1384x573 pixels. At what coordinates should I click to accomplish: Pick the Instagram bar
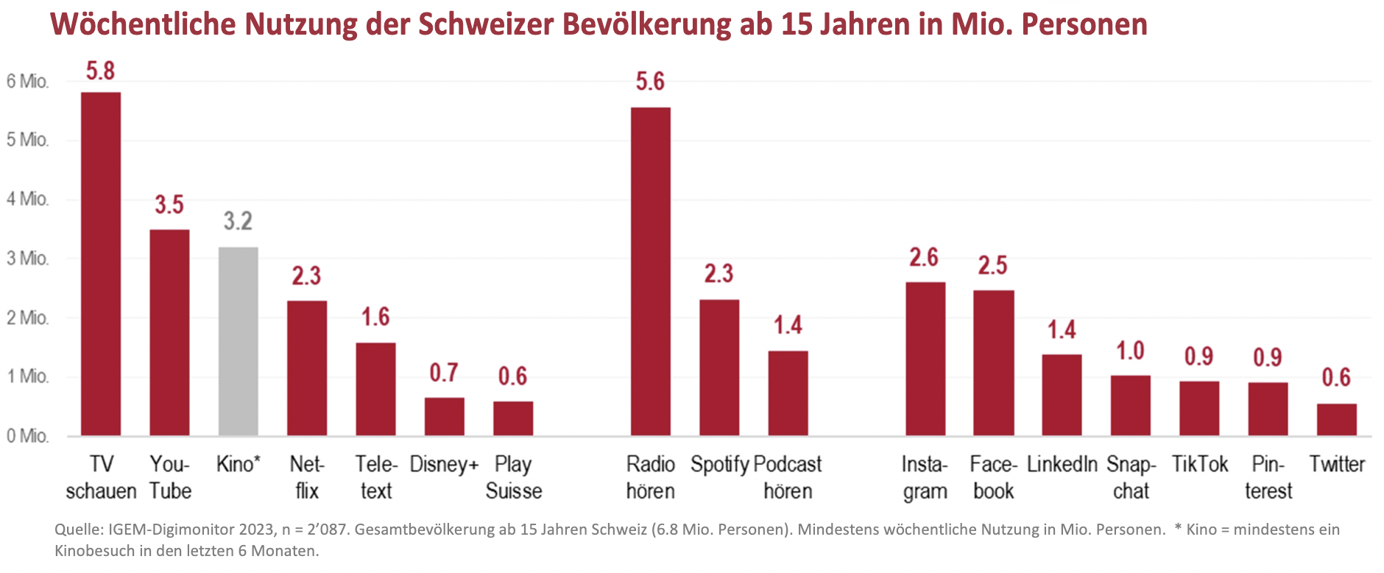pyautogui.click(x=925, y=359)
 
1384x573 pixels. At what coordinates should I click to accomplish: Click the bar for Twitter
pyautogui.click(x=1336, y=420)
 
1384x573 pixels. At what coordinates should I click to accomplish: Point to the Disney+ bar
pyautogui.click(x=444, y=417)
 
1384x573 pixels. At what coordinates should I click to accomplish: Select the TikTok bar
pyautogui.click(x=1199, y=408)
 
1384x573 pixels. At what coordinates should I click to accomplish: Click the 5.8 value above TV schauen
pyautogui.click(x=101, y=71)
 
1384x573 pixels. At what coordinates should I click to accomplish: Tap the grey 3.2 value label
pyautogui.click(x=238, y=221)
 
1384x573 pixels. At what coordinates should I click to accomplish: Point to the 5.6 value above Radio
pyautogui.click(x=651, y=82)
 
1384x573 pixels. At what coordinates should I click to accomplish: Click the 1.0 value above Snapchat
pyautogui.click(x=1130, y=351)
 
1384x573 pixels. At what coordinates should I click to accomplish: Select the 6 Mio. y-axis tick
pyautogui.click(x=28, y=81)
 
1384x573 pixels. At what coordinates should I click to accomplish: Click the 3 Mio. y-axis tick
pyautogui.click(x=28, y=259)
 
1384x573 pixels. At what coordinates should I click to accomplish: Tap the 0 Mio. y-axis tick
pyautogui.click(x=28, y=436)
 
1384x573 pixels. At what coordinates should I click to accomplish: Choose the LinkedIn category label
pyautogui.click(x=1062, y=464)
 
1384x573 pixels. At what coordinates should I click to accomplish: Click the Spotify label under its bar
pyautogui.click(x=719, y=464)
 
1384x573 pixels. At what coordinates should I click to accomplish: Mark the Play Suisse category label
pyautogui.click(x=513, y=477)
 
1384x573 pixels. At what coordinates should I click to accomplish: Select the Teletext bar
pyautogui.click(x=375, y=389)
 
